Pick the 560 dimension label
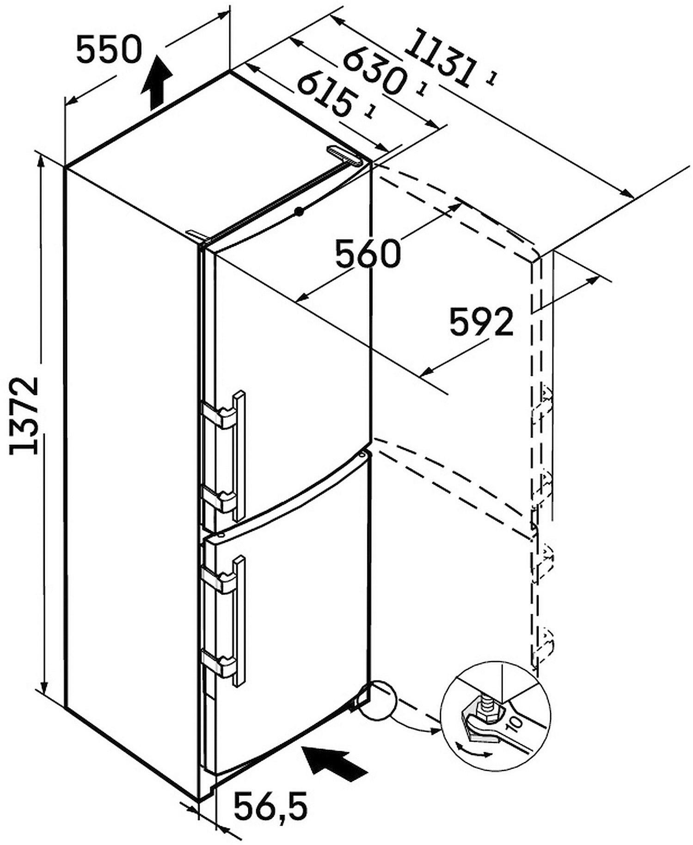(368, 254)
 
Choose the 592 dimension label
(481, 322)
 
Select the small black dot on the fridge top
(300, 212)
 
